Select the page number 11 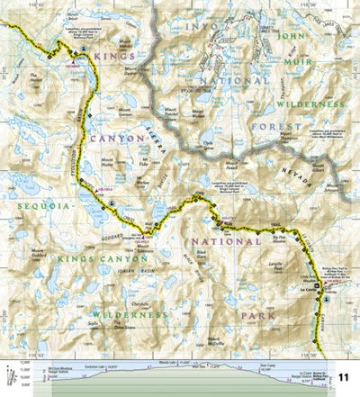343,376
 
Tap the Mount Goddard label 43,252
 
